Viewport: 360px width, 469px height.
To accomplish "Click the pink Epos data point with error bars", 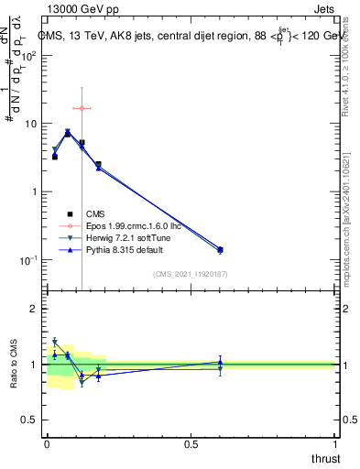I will coord(82,108).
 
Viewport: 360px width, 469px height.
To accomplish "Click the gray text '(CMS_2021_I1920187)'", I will coord(190,272).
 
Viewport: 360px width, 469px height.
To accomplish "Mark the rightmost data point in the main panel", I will coord(220,249).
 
